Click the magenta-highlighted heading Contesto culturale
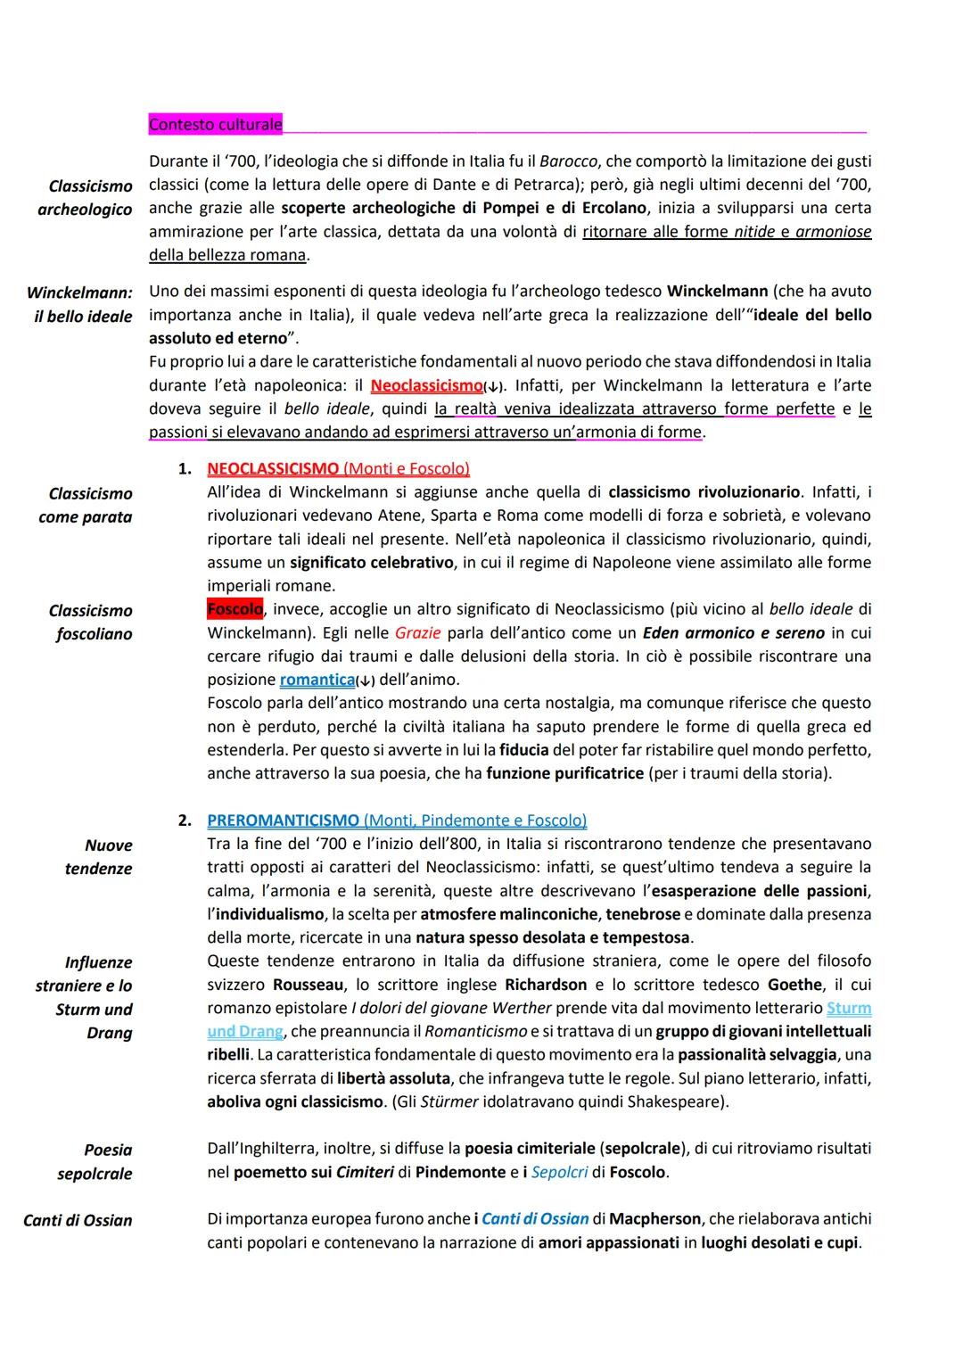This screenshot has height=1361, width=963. click(x=215, y=125)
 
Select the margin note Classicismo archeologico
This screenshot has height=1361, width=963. click(x=86, y=198)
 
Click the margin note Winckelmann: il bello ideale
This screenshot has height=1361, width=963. click(x=80, y=304)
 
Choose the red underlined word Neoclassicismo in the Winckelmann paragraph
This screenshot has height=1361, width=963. click(x=426, y=386)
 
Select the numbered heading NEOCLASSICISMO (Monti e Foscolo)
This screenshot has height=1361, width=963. click(x=338, y=468)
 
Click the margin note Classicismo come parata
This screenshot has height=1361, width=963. click(x=86, y=506)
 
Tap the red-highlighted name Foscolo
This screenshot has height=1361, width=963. click(x=235, y=609)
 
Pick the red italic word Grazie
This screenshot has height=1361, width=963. click(x=417, y=633)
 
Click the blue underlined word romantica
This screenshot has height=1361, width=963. click(x=317, y=680)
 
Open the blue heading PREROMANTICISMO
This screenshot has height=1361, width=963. click(x=284, y=821)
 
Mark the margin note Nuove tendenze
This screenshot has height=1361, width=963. click(x=99, y=857)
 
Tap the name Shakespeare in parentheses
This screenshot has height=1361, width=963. click(x=677, y=1101)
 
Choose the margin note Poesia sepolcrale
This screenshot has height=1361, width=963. click(x=95, y=1162)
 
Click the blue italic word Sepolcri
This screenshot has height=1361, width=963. click(x=559, y=1172)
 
